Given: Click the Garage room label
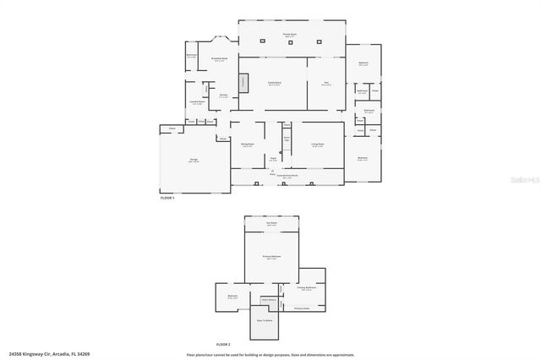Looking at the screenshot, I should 194,160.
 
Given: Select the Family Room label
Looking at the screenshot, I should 275,83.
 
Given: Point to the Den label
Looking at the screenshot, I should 326,83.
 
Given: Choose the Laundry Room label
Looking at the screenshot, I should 196,101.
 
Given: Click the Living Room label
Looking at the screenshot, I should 318,145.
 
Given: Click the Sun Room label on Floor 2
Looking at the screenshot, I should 272,224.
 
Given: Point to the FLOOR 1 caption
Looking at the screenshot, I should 167,197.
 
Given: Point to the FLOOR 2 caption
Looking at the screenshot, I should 223,344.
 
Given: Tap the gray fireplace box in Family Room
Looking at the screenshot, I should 244,83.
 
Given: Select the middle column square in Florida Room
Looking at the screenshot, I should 292,41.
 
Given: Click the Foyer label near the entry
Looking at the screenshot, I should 272,157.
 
